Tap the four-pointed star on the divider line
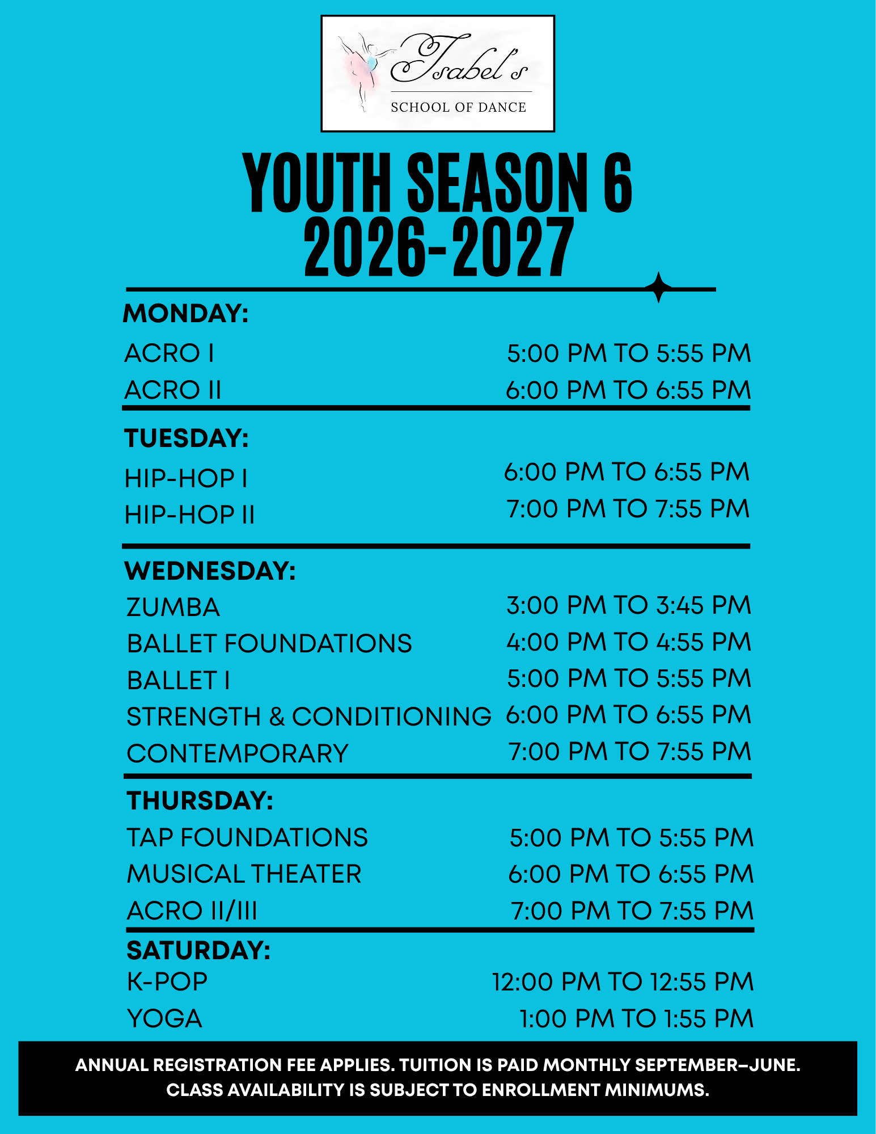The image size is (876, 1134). [x=659, y=288]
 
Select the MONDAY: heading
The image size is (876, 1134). [x=186, y=314]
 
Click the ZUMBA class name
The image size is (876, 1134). [x=173, y=608]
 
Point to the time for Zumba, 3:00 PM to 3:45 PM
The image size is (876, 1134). [x=629, y=605]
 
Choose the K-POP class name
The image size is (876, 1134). [x=167, y=982]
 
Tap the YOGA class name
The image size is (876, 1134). [x=164, y=1019]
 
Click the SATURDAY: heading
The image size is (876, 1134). [x=198, y=951]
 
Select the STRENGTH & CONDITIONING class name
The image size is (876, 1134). [x=309, y=717]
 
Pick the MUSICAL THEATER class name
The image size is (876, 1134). [x=244, y=874]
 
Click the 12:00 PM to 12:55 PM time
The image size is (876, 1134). [x=623, y=982]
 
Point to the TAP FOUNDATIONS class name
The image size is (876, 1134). [x=247, y=838]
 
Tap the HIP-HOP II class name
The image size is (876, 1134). [x=189, y=515]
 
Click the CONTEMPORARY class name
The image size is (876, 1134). [x=238, y=754]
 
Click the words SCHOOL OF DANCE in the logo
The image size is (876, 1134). [x=459, y=107]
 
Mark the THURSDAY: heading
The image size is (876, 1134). [x=200, y=801]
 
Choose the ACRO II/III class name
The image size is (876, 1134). [x=192, y=911]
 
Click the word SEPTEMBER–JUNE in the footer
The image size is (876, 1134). [x=717, y=1065]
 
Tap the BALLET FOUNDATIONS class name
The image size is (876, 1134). [x=269, y=644]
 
